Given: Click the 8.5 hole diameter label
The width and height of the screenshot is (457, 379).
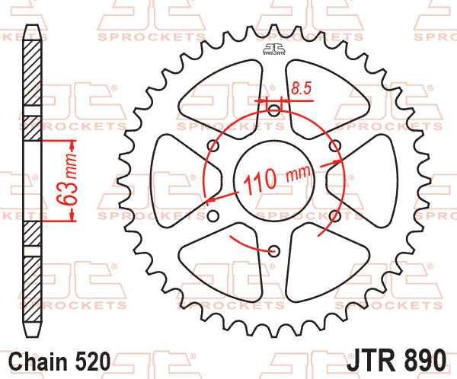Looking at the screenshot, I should pos(301,89).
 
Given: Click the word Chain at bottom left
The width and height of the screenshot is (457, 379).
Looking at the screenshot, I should pos(38,360).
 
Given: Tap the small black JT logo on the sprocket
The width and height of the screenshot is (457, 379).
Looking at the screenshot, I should pos(273,49).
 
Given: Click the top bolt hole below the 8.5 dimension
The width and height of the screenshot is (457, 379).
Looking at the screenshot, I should pos(273,110).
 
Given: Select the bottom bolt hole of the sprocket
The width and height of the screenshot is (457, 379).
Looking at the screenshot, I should pos(273,246).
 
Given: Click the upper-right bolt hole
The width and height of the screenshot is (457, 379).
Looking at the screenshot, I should pos(333,144).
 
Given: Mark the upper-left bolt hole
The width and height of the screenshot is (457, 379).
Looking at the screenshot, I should pos(214,144).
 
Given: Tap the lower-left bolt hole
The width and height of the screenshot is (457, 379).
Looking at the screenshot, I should pos(214,212).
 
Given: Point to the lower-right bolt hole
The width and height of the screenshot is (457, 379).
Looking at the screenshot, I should pos(333,212).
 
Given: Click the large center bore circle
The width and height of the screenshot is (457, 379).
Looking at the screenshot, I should pos(273,178).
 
